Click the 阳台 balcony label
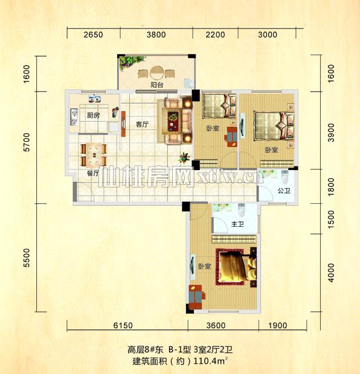(156, 84)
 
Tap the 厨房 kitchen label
(93, 115)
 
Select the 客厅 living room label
(142, 124)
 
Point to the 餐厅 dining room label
(92, 173)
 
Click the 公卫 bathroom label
(284, 191)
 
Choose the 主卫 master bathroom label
(237, 224)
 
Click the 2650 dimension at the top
(93, 34)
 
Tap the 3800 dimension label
(156, 34)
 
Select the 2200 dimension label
(215, 34)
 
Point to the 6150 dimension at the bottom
(123, 325)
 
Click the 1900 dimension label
(278, 325)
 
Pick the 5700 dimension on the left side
(27, 142)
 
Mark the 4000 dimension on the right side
(331, 273)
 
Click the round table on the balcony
(157, 73)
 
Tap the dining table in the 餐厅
(94, 155)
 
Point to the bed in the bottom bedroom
(236, 267)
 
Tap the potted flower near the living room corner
(184, 157)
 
